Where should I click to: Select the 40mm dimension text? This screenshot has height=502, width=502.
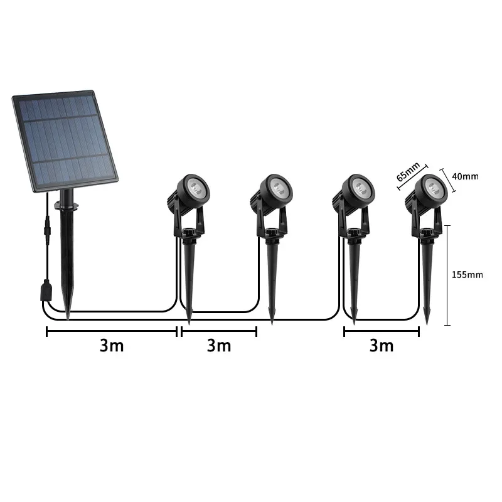click(x=465, y=176)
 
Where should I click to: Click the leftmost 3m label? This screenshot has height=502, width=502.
click(x=112, y=346)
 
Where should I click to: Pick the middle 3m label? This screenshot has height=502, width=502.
click(x=219, y=346)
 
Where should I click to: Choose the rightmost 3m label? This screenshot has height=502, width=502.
click(x=382, y=346)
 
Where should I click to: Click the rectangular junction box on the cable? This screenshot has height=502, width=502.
click(x=44, y=290)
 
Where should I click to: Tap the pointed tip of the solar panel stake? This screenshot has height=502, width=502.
click(x=68, y=310)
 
